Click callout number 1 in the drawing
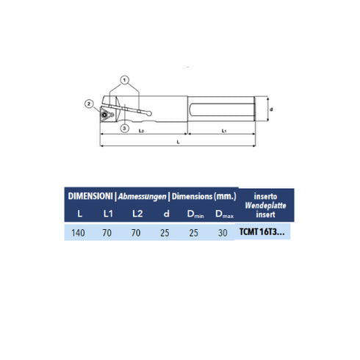pos(125,79)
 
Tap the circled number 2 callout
pos(87,104)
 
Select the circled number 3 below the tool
pos(124,129)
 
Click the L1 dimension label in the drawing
pos(223,131)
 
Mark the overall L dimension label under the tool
pos(178,141)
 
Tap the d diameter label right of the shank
pos(272,110)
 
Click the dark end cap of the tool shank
pos(257,110)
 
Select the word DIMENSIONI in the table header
pos(90,197)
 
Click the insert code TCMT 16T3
pos(262,234)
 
